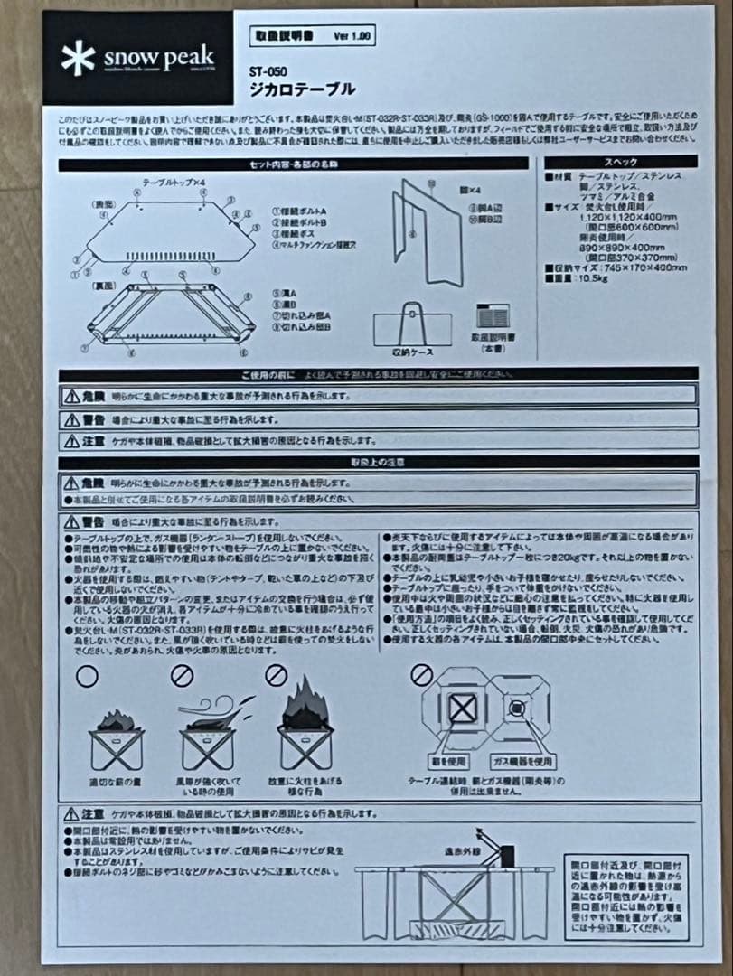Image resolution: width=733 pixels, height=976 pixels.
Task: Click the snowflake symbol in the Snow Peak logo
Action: (x=78, y=59)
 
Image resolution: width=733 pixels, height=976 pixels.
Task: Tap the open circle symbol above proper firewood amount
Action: (x=87, y=675)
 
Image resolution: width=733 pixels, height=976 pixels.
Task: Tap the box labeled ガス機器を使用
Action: (x=523, y=762)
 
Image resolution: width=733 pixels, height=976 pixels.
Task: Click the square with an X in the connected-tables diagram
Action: (x=463, y=709)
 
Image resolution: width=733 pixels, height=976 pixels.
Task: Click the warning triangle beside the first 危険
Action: (x=71, y=396)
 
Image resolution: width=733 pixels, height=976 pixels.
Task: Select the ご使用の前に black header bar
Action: (x=378, y=374)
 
